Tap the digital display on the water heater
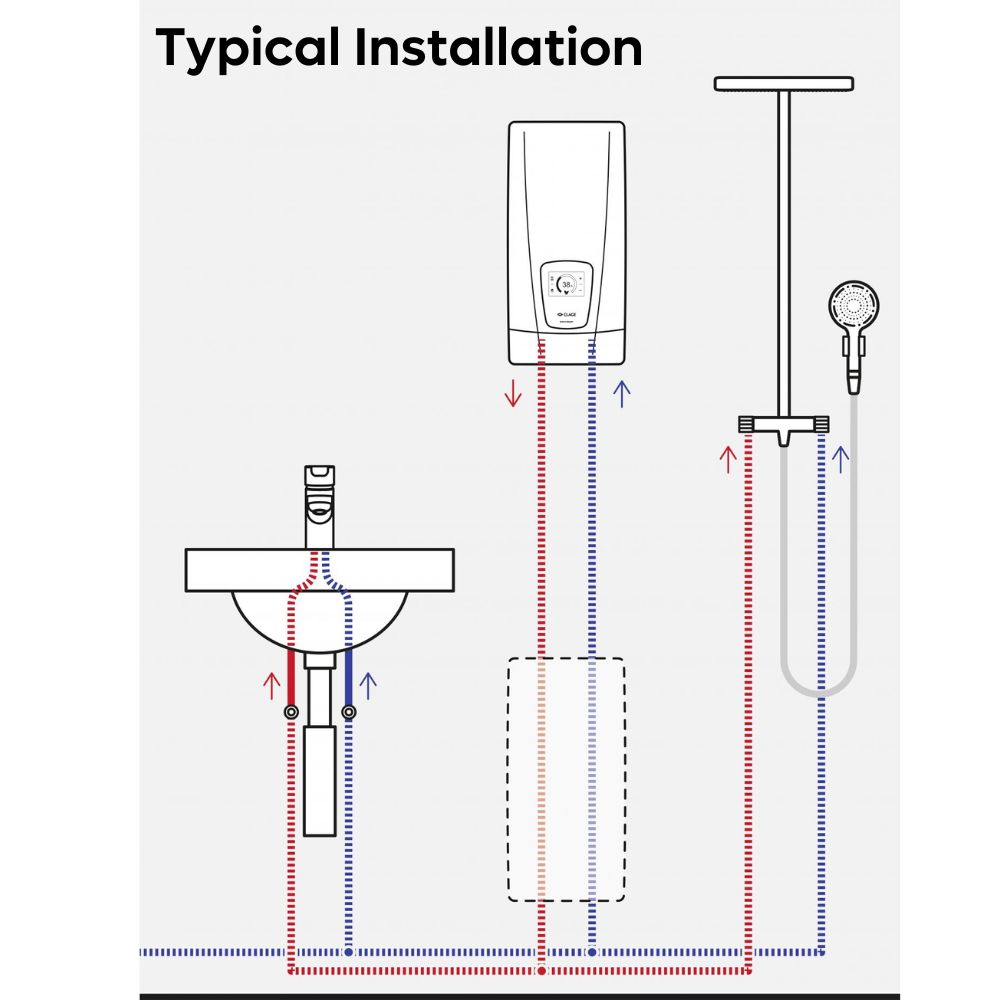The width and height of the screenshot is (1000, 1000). pyautogui.click(x=567, y=285)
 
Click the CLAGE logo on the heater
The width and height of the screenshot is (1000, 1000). pyautogui.click(x=566, y=313)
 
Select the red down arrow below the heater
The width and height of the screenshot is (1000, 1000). pyautogui.click(x=513, y=393)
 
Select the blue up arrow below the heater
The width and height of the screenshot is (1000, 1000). pyautogui.click(x=622, y=393)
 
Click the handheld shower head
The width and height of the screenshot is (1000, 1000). pyautogui.click(x=855, y=305)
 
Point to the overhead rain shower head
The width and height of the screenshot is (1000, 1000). pyautogui.click(x=783, y=83)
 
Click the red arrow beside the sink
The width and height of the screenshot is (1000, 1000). pyautogui.click(x=270, y=685)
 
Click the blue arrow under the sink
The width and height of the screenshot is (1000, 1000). pyautogui.click(x=368, y=685)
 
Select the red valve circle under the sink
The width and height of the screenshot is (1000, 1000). pyautogui.click(x=291, y=712)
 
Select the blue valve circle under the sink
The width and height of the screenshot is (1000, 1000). pyautogui.click(x=348, y=712)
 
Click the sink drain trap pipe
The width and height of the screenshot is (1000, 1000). pyautogui.click(x=319, y=760)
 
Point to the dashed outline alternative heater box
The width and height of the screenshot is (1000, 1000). pyautogui.click(x=566, y=780)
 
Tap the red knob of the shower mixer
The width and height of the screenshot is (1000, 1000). pyautogui.click(x=747, y=425)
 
